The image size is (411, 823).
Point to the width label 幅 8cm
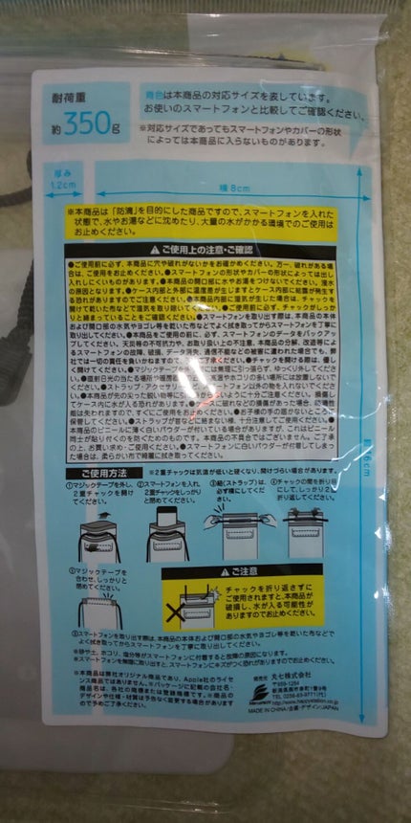click(x=239, y=187)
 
